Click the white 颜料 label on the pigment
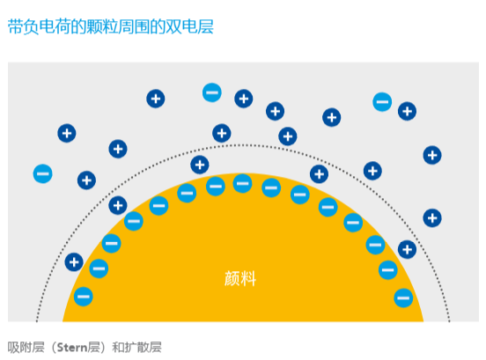point(240,278)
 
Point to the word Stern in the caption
point(72,348)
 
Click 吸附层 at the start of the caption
point(26,348)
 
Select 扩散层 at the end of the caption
point(144,348)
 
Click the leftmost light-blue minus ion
point(43,173)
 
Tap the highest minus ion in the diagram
point(212,92)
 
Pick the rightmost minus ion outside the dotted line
point(382,101)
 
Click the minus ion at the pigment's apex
point(242,183)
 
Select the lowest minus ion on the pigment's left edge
point(84,297)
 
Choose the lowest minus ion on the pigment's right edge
point(403,298)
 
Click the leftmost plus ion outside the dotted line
point(67,133)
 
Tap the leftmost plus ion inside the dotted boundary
point(74,262)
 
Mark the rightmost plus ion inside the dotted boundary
point(407,249)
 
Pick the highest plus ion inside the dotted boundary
point(200,165)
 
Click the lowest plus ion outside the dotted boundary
point(432,217)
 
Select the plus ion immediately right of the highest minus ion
point(244,99)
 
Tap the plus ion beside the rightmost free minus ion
point(407,111)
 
